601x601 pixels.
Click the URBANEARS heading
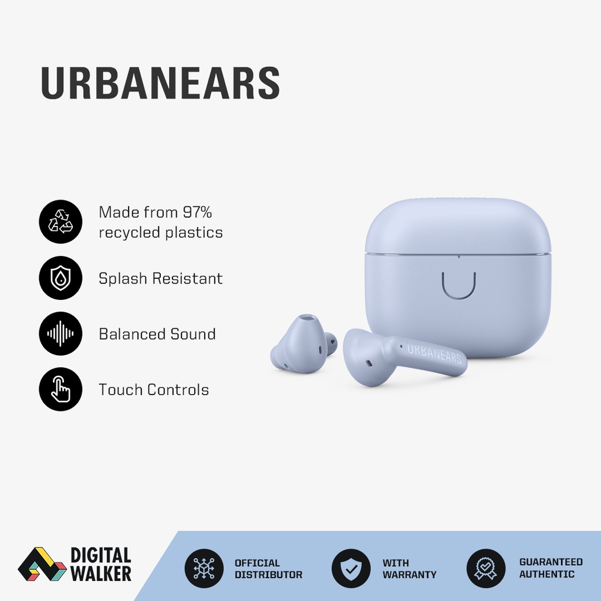[160, 83]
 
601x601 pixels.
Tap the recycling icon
[60, 222]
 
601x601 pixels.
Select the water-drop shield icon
[60, 278]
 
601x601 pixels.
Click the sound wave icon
[60, 334]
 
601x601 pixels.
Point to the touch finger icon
[60, 390]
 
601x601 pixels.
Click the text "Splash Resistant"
[160, 278]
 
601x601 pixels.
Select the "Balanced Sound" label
[157, 334]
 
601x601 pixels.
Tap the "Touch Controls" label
[153, 390]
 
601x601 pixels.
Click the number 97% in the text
[197, 212]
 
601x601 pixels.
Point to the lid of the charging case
[458, 226]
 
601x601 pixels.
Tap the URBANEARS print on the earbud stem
[434, 353]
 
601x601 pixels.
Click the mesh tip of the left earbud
[306, 320]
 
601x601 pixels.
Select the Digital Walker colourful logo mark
[41, 565]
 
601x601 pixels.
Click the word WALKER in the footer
[101, 573]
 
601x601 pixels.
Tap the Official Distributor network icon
[204, 569]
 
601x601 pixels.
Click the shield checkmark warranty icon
[350, 569]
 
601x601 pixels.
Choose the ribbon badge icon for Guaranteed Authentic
[486, 569]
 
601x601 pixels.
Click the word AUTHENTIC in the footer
[547, 574]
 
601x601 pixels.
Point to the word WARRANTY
[410, 575]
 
